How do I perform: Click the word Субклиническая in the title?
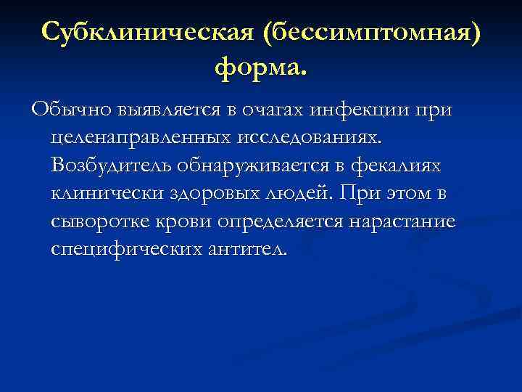point(145,33)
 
